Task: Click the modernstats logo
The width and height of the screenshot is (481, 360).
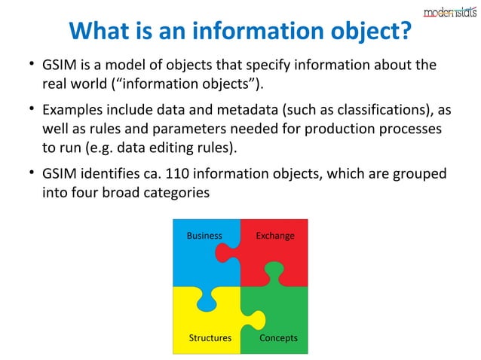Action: click(x=449, y=11)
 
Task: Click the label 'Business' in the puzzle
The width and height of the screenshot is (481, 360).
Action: click(x=204, y=236)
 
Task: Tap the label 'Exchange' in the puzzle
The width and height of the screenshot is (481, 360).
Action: click(x=275, y=236)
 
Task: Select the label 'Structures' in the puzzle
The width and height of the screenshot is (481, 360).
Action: click(x=210, y=338)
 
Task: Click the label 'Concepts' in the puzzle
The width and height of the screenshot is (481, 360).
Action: click(x=278, y=338)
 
